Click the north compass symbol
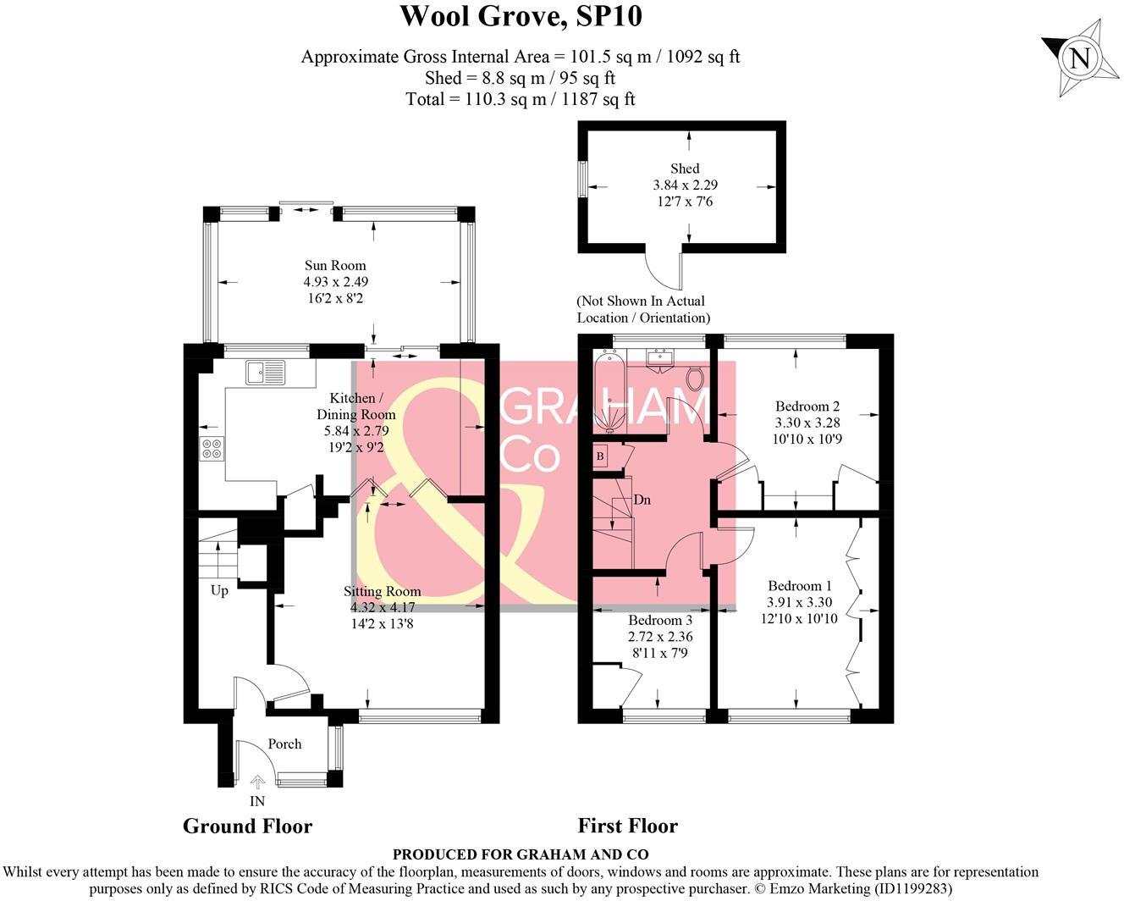1078,58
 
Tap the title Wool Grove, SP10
521,16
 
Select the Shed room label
685,169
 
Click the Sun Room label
335,266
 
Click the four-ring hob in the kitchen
212,448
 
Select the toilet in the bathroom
696,377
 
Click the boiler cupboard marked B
601,456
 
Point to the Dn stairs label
642,500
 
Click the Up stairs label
219,590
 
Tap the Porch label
284,743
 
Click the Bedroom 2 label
807,406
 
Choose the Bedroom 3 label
660,620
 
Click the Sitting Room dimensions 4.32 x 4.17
382,607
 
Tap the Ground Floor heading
247,826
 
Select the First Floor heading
627,826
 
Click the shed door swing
663,268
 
